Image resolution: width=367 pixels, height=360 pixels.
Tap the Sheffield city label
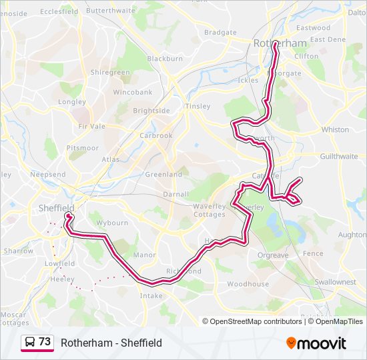click(55, 208)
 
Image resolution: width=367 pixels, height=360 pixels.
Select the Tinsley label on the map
click(197, 106)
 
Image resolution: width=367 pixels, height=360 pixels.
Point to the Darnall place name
click(177, 195)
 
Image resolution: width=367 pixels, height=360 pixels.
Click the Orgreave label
click(273, 255)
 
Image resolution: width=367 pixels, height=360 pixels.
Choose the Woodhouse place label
click(248, 284)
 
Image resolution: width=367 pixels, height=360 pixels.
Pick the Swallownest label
click(336, 282)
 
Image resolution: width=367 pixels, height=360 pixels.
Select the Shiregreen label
click(110, 72)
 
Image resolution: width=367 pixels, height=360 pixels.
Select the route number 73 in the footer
click(45, 342)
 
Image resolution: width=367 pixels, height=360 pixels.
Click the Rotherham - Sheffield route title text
click(111, 343)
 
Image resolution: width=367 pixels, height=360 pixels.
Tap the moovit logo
click(316, 343)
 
